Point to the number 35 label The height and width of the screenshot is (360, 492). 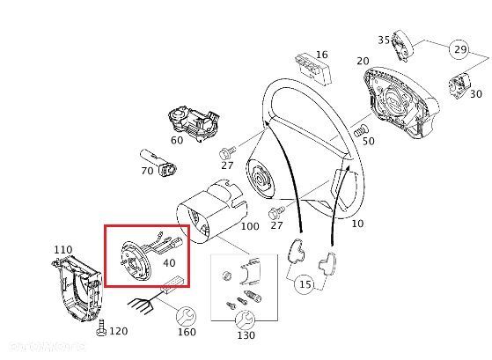(384, 40)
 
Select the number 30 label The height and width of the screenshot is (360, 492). (475, 94)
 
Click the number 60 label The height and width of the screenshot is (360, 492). (177, 139)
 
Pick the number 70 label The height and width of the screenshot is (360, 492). (147, 170)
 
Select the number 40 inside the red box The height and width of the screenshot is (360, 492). (169, 261)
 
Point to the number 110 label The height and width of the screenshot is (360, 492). (62, 249)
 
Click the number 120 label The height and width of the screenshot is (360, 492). (118, 331)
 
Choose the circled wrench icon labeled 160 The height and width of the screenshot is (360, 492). (186, 316)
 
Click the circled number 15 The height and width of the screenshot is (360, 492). (305, 284)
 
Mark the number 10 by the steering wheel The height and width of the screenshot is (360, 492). (356, 224)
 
